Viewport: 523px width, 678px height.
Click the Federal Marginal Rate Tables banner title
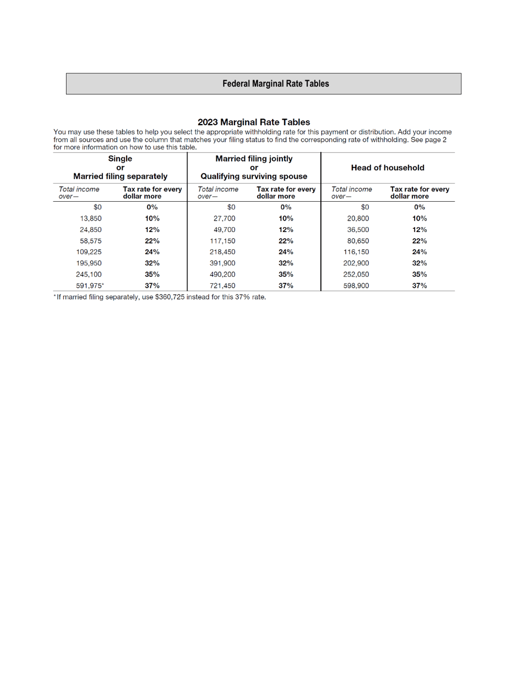(276, 84)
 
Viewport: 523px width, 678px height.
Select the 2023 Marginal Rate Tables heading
(254, 122)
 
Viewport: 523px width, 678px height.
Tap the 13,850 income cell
(91, 218)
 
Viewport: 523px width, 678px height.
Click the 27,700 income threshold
(224, 218)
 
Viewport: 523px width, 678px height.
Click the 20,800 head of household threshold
(358, 218)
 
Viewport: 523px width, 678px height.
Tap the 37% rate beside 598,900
(419, 285)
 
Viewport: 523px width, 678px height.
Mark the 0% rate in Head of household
(419, 207)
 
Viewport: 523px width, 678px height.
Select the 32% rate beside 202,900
(419, 263)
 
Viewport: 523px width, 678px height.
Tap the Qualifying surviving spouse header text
(254, 177)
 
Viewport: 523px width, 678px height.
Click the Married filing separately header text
(121, 177)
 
